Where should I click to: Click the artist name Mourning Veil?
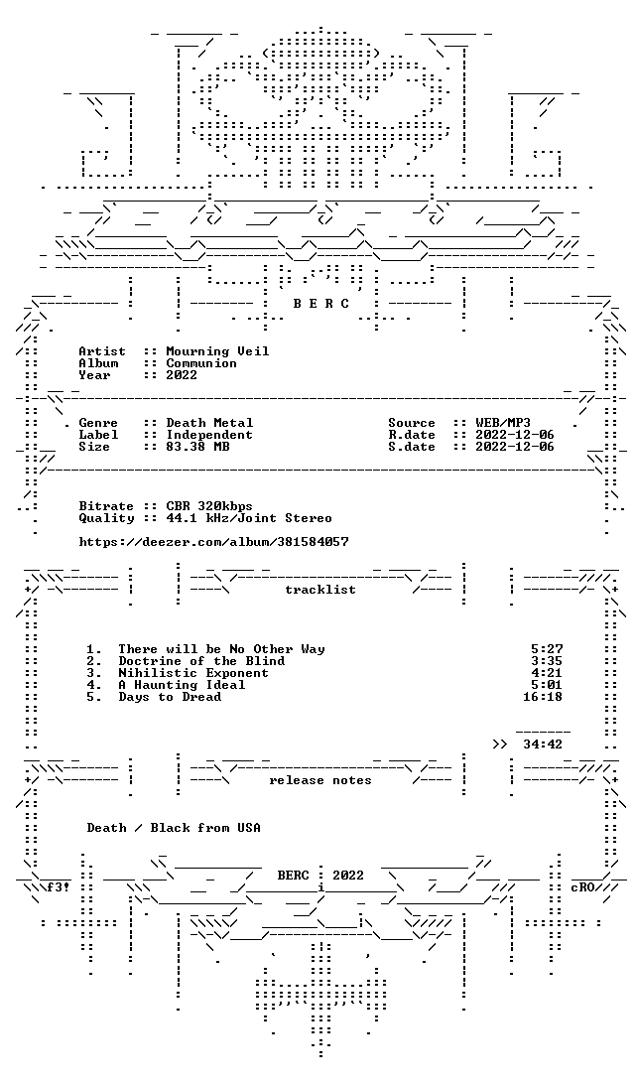coord(217,351)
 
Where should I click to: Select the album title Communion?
coord(201,363)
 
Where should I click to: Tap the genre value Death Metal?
coord(209,423)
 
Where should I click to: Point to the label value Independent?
coord(209,435)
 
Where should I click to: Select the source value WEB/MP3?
coord(503,423)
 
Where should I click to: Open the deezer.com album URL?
coord(213,542)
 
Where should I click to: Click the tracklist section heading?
coord(319,590)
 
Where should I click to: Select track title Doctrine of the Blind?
coord(201,661)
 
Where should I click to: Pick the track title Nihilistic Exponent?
coord(192,673)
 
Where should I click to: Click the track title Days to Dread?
coord(170,697)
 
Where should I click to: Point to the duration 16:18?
coord(543,697)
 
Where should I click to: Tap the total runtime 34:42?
coord(543,745)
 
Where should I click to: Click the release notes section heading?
coord(319,780)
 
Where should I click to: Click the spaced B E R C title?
coord(320,304)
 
